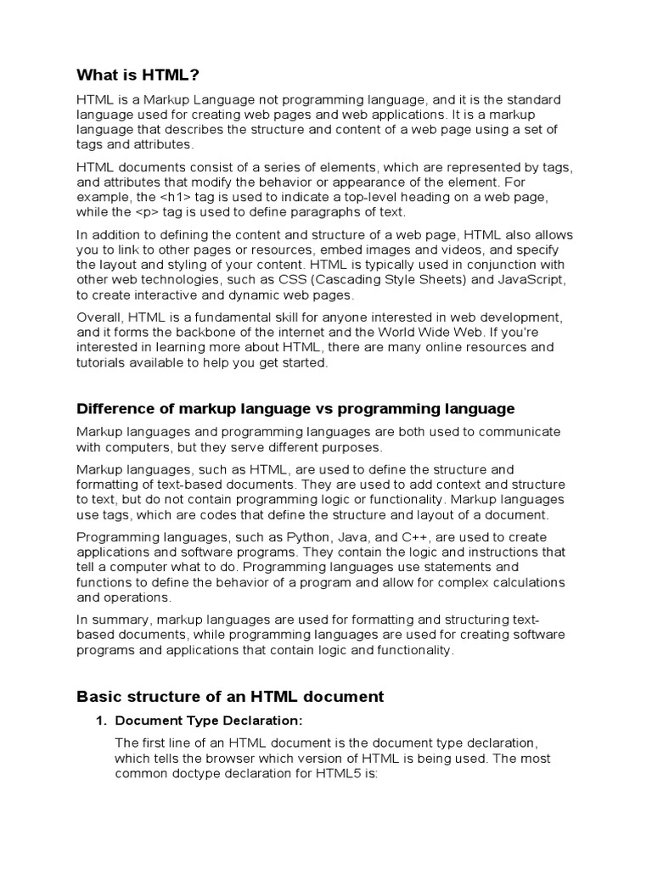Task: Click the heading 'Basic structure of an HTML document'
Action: pyautogui.click(x=230, y=697)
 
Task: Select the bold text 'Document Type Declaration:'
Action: pyautogui.click(x=208, y=721)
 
